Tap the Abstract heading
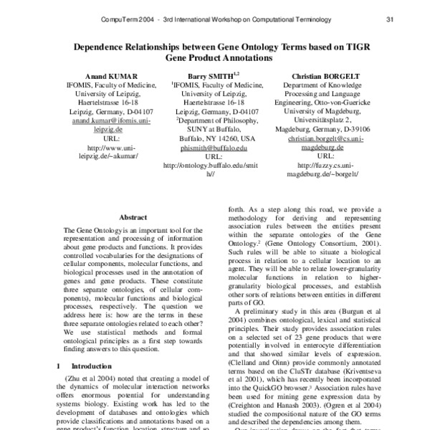(x=133, y=216)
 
